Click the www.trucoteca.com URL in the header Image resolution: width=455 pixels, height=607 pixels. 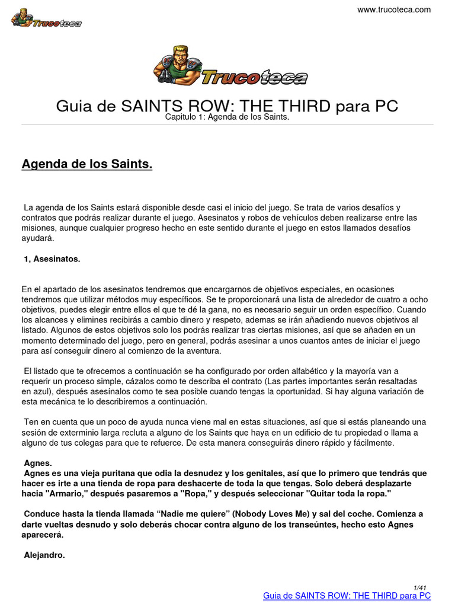coord(395,9)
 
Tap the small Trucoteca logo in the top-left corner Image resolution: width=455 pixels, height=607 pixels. coord(46,18)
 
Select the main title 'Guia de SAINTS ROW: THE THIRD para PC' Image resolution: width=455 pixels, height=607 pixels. coord(227,106)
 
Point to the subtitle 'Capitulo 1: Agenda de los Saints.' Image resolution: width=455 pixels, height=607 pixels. coord(227,118)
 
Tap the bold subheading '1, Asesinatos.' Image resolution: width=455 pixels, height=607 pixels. coord(52,258)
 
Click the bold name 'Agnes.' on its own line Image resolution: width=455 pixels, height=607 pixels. coord(39,463)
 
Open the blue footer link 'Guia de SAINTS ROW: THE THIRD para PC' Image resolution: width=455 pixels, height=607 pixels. coord(347,596)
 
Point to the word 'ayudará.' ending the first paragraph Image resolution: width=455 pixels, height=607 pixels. coord(38,238)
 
